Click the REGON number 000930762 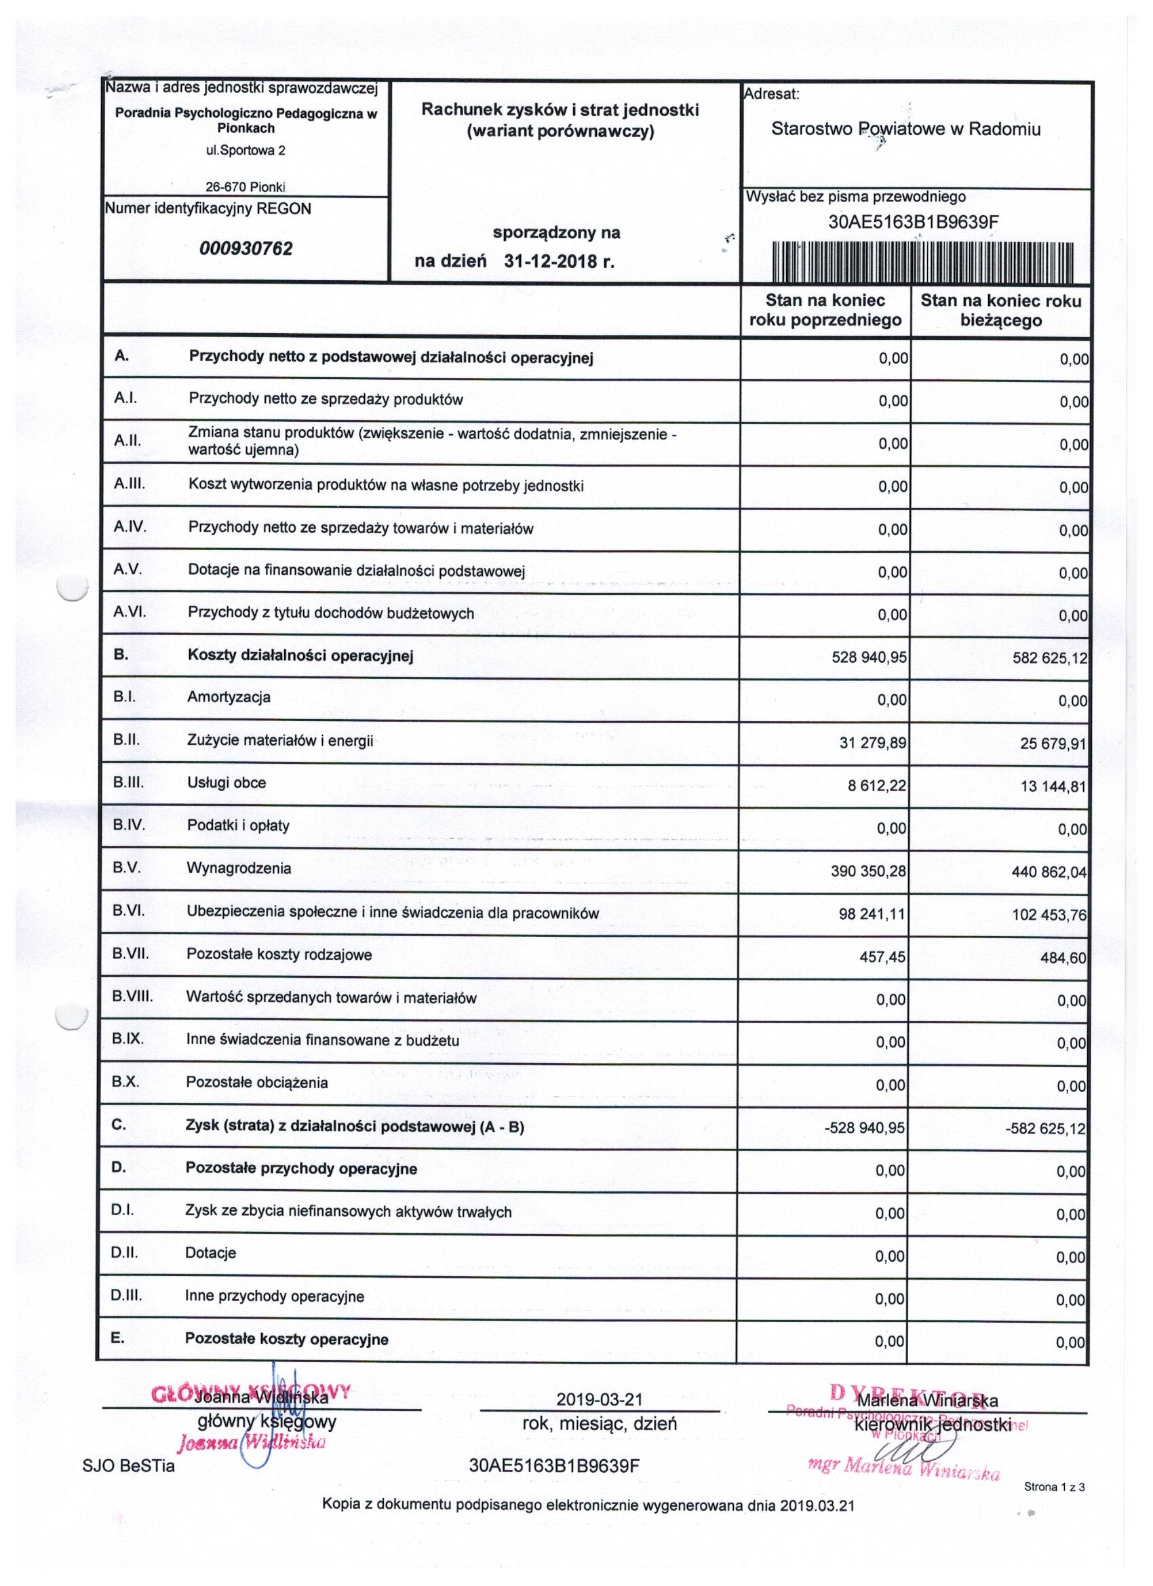(246, 249)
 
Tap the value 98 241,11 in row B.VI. (873, 914)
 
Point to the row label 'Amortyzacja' (229, 697)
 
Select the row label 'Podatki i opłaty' (238, 825)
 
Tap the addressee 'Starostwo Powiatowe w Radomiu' (905, 130)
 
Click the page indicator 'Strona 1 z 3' (1054, 1488)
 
